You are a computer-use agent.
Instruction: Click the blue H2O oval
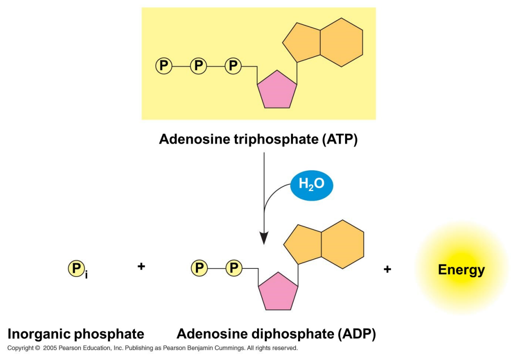pos(311,185)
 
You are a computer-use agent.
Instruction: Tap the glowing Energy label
pos(461,270)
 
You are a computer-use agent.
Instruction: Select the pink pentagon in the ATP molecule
pos(277,90)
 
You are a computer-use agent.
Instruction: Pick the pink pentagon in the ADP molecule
pos(278,292)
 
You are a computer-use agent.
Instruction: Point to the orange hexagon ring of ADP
pos(342,245)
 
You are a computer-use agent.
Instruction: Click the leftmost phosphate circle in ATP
pos(163,66)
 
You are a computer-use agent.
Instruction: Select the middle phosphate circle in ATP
pos(198,66)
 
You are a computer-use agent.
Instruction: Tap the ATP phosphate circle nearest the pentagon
pos(233,66)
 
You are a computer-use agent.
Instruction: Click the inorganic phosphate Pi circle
pos(76,268)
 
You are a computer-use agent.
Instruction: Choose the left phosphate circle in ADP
pos(199,268)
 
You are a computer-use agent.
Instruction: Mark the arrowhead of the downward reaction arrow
pos(264,239)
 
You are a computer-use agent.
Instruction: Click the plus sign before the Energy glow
pos(387,269)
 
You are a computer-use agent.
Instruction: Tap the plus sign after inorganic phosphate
pos(141,266)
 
